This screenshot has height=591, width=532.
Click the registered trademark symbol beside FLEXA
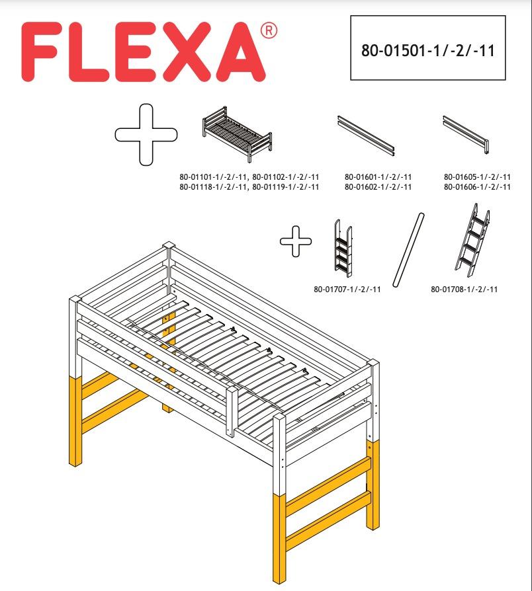268,31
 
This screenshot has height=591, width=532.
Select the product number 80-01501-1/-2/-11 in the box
427,52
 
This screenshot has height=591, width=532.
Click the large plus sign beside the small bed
146,134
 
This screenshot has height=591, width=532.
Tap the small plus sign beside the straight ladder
297,243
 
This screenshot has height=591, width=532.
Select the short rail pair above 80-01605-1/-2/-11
467,134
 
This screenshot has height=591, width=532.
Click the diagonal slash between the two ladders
408,249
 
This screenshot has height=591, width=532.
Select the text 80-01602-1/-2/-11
378,187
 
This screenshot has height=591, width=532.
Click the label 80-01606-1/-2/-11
477,187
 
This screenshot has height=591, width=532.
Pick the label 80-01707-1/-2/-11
347,289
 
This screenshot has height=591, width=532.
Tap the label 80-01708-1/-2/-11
464,289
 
